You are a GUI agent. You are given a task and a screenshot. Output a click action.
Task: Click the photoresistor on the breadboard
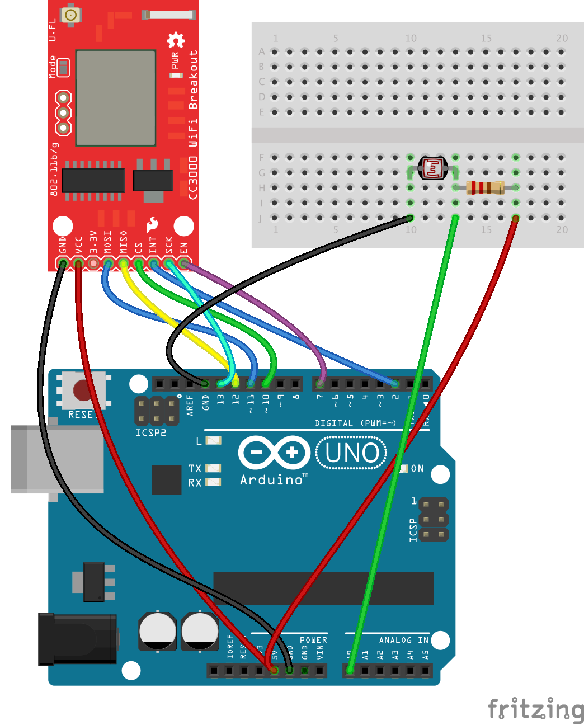click(x=434, y=167)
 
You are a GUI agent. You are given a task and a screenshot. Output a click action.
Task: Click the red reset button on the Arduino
click(x=83, y=390)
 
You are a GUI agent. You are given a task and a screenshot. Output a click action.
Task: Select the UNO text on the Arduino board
click(x=352, y=453)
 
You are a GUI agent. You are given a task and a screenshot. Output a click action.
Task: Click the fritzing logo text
click(x=535, y=709)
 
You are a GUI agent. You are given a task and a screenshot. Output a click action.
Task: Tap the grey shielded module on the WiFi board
click(x=115, y=97)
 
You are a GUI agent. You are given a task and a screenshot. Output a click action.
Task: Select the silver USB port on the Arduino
click(x=56, y=459)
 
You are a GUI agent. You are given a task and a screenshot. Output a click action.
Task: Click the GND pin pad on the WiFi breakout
click(x=63, y=263)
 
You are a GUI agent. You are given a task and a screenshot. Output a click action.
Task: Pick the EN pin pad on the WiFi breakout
click(x=184, y=263)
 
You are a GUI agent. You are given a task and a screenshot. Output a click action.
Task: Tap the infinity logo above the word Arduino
click(x=274, y=453)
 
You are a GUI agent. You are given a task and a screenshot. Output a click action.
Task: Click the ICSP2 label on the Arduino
click(x=150, y=433)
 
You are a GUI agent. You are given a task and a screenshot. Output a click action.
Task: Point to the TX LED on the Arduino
click(x=213, y=468)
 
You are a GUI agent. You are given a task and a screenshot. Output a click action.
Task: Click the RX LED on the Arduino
click(x=213, y=482)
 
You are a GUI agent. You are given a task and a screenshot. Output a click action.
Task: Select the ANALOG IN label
click(x=403, y=640)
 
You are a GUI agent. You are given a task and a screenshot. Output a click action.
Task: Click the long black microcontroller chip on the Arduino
click(x=323, y=588)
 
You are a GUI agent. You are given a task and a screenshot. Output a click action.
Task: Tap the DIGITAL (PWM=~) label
click(x=355, y=423)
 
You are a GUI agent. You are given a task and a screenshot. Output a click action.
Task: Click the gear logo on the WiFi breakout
click(x=176, y=40)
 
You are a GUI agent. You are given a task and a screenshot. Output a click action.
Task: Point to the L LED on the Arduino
click(x=213, y=441)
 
